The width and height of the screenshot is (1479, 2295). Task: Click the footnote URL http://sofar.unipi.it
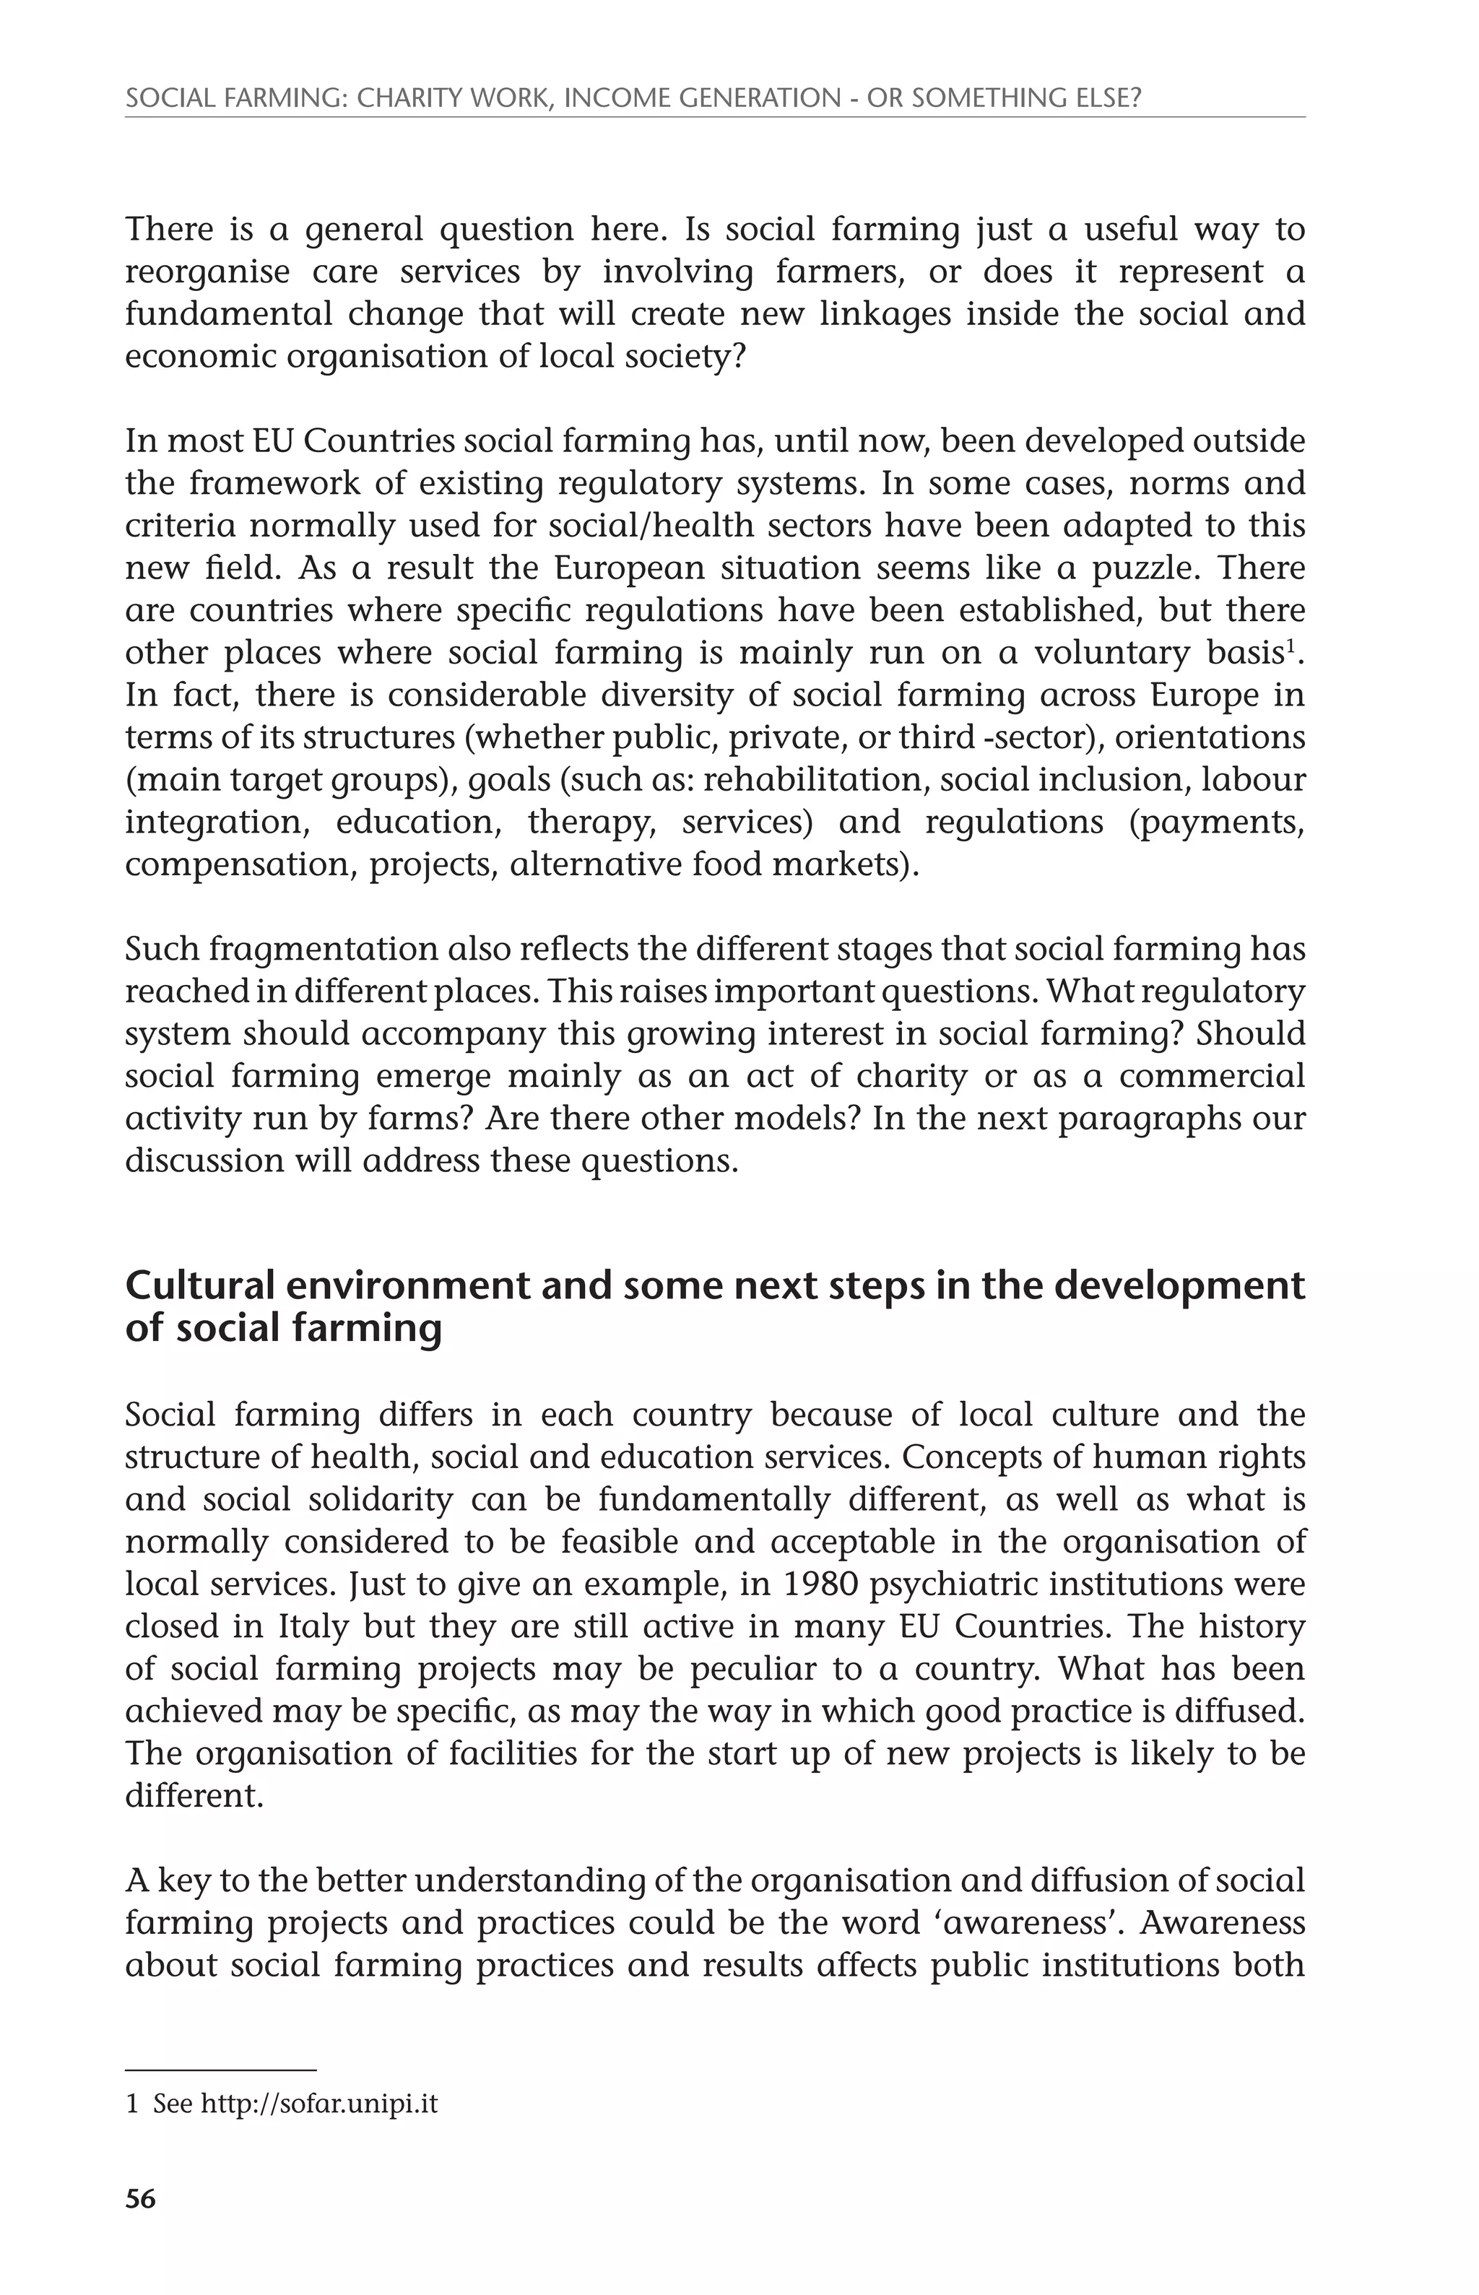319,2104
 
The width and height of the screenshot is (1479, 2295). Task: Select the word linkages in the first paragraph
885,314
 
